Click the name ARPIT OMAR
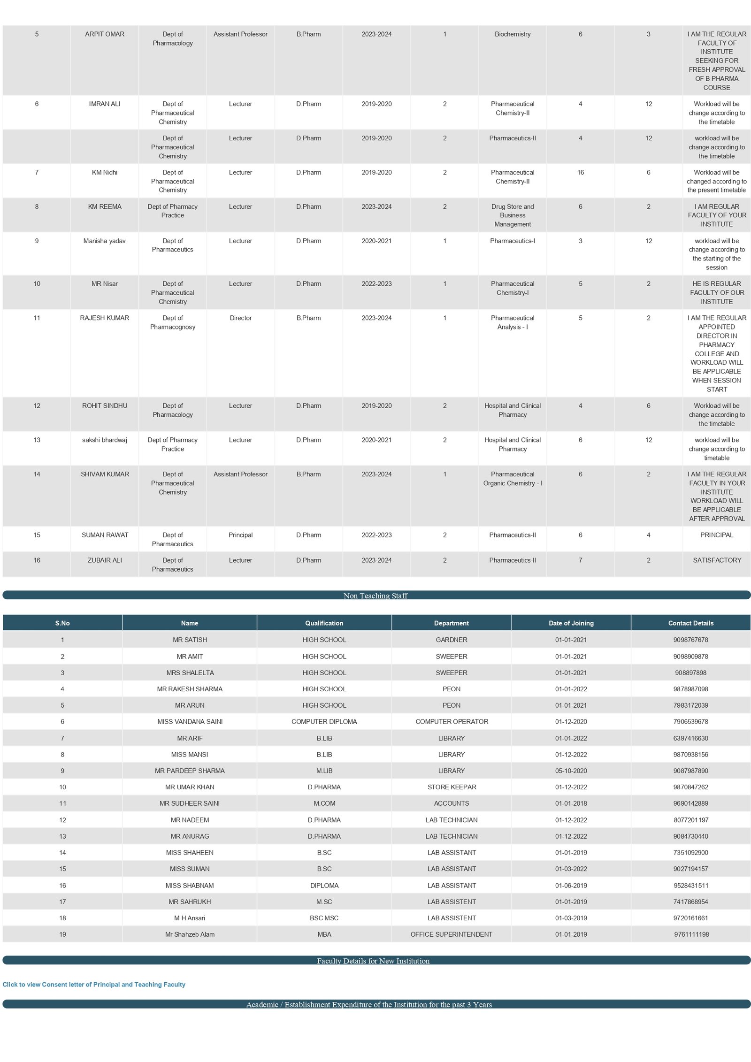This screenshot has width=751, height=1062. click(x=105, y=34)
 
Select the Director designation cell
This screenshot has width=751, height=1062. click(x=240, y=318)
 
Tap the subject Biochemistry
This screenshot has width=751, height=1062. click(x=512, y=34)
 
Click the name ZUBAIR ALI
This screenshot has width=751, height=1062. click(x=105, y=560)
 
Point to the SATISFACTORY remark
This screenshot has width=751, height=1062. click(x=717, y=560)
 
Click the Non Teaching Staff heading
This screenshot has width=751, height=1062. click(x=375, y=596)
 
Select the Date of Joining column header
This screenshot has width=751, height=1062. click(x=571, y=623)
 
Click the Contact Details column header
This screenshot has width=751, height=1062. click(x=690, y=623)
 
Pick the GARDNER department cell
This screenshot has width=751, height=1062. click(x=451, y=640)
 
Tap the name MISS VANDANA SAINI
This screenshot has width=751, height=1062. click(x=190, y=722)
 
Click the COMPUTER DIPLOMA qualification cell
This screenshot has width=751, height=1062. click(x=324, y=722)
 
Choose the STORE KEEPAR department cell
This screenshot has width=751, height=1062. click(x=451, y=787)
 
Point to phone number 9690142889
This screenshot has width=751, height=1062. click(x=690, y=803)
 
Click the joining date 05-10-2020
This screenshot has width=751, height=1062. click(x=571, y=771)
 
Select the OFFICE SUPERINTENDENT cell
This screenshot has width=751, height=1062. click(x=451, y=934)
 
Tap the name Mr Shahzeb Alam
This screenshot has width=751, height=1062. click(x=190, y=934)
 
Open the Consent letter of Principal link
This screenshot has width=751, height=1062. click(x=94, y=985)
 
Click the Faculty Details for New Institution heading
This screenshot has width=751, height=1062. click(x=373, y=961)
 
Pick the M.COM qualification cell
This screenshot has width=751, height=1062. click(x=324, y=803)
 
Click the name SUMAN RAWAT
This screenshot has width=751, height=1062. click(x=105, y=535)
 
